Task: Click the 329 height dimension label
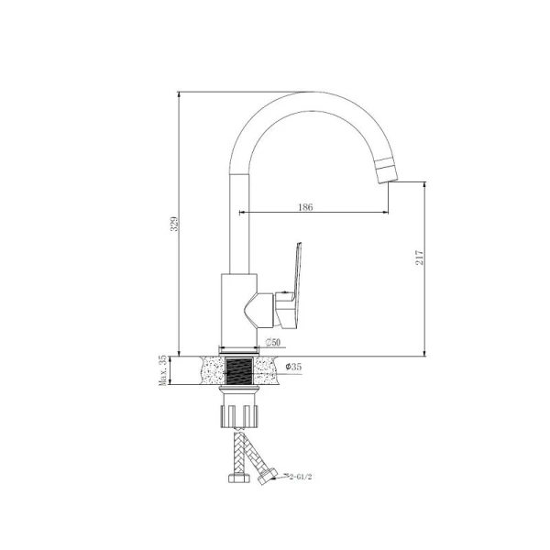coord(174,223)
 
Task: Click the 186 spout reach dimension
coord(305,207)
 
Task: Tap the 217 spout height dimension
coord(420,257)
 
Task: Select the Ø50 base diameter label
coord(273,342)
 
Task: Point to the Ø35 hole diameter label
coord(293,367)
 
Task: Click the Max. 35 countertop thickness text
coord(162,370)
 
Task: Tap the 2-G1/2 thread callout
coord(301,477)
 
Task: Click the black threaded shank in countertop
coord(239,370)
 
